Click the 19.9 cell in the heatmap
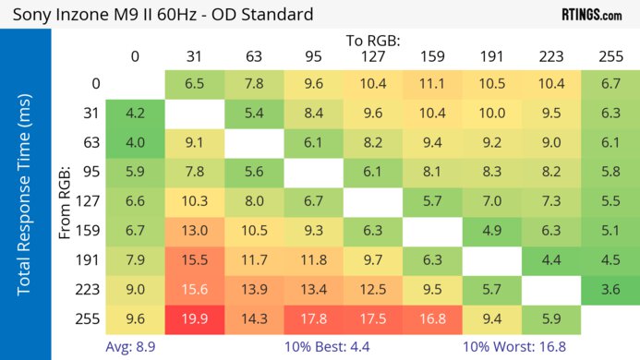(195, 320)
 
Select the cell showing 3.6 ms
(610, 291)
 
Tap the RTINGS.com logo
(591, 15)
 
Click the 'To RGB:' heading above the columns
(373, 42)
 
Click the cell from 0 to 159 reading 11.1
(432, 83)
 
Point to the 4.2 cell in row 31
(136, 114)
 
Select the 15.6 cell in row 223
(195, 291)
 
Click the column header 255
(610, 57)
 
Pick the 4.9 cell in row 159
(491, 232)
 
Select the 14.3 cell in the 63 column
(254, 320)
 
